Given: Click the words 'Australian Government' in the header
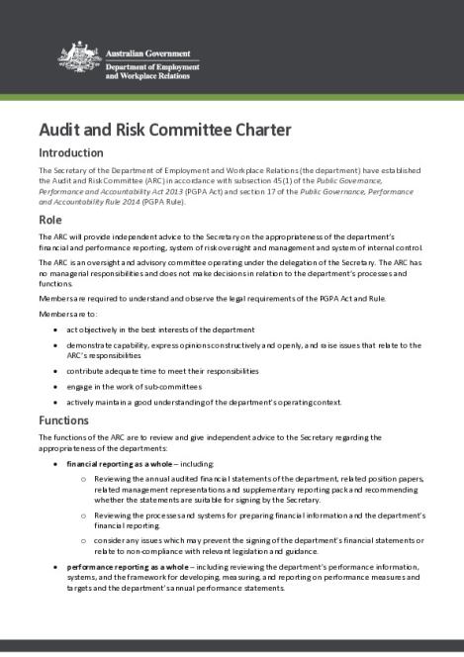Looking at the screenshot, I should (139, 49).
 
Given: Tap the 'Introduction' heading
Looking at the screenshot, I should (70, 153).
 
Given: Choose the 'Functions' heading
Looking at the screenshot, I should (63, 420).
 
